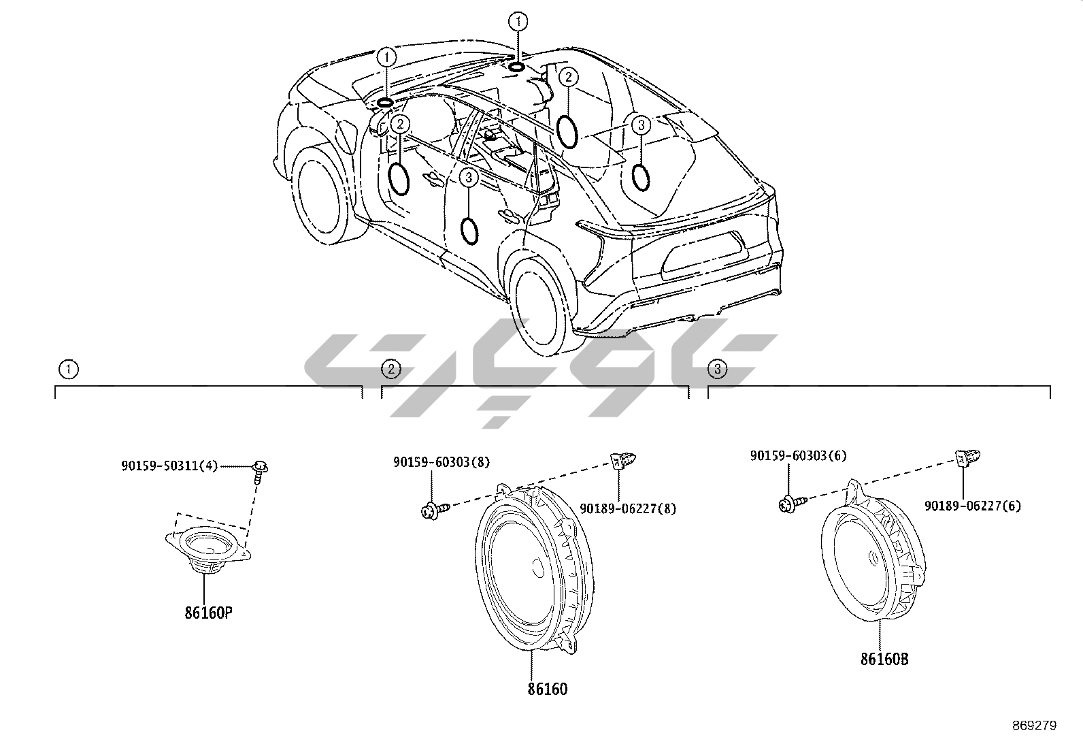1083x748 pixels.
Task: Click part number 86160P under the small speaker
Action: [208, 612]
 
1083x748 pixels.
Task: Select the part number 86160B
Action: [884, 659]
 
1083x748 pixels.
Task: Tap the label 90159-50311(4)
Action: [169, 466]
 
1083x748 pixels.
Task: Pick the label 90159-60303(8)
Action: [441, 461]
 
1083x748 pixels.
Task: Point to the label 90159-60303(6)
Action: [798, 455]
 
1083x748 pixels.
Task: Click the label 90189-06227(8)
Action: [627, 508]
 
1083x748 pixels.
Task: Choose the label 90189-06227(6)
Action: [972, 506]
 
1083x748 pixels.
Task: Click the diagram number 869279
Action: [1034, 726]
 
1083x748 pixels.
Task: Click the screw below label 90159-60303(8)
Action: [434, 508]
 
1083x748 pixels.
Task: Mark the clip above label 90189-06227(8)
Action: [619, 461]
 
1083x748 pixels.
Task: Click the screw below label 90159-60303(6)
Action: [791, 504]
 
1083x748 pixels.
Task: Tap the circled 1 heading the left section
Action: [68, 370]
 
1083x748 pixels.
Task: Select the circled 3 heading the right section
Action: [717, 370]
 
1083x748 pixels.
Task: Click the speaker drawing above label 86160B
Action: [873, 553]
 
